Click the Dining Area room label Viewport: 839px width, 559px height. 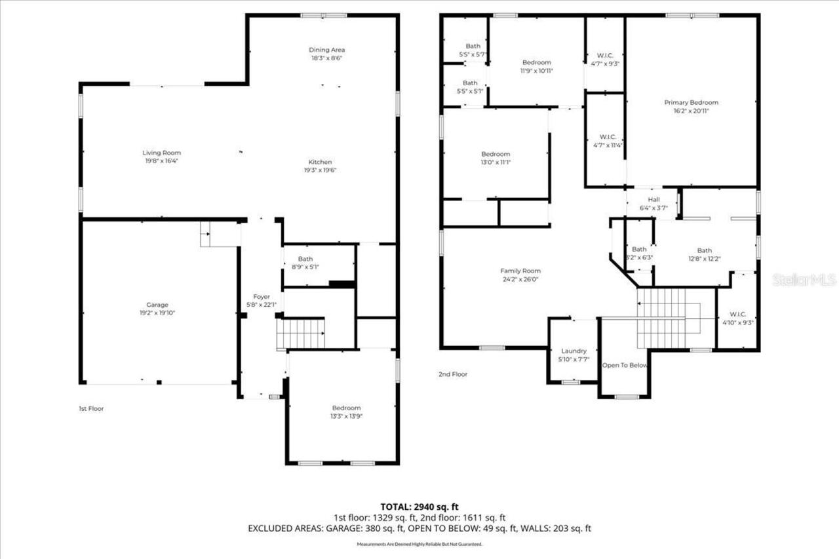(x=326, y=50)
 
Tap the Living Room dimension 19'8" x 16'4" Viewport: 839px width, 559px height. (x=162, y=161)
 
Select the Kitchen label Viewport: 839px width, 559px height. (x=321, y=162)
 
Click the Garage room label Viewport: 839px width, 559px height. (x=157, y=305)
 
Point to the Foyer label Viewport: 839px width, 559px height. (x=262, y=297)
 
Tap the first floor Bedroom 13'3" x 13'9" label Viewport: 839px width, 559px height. (x=345, y=408)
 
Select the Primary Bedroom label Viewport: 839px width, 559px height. (x=691, y=102)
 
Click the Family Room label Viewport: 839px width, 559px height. (x=520, y=271)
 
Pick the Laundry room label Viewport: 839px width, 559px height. (x=574, y=351)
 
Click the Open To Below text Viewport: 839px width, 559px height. (x=625, y=366)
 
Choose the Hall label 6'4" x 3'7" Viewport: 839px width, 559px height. (x=654, y=200)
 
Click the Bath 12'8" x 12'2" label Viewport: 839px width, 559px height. (x=704, y=250)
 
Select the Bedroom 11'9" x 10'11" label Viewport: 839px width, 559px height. (x=536, y=62)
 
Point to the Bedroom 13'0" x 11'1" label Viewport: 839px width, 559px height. (x=496, y=154)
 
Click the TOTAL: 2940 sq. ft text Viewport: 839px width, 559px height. (x=419, y=507)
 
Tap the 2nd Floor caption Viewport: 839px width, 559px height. (x=453, y=374)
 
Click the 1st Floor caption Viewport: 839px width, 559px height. (x=91, y=408)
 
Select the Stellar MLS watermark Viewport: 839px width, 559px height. (x=804, y=280)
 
